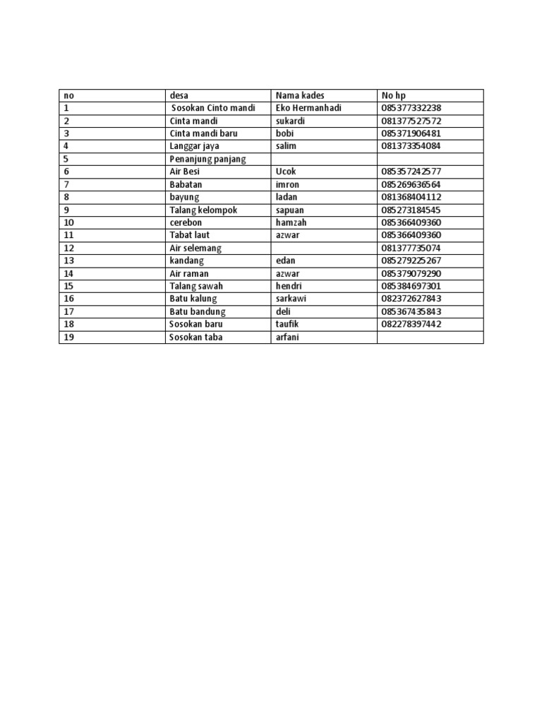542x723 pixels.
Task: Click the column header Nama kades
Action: tap(299, 95)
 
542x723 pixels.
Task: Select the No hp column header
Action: tap(394, 95)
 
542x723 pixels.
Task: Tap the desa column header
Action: tap(179, 95)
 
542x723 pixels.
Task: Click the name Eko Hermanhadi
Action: tap(308, 108)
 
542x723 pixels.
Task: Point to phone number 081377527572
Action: tap(411, 121)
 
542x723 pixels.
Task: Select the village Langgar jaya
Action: tap(195, 146)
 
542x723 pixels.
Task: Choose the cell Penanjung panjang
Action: tap(208, 159)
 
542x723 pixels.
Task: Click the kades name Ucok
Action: tap(286, 172)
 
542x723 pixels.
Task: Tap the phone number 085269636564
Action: tap(411, 184)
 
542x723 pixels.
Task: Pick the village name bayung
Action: tap(184, 197)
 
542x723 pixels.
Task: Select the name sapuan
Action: tap(289, 210)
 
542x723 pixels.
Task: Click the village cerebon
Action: tap(186, 222)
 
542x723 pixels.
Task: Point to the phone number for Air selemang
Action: tap(411, 248)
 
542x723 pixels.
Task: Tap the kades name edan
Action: tap(285, 261)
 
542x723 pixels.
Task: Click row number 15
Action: tap(68, 286)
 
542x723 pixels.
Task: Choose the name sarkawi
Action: tap(291, 299)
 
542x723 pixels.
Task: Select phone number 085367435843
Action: tap(411, 311)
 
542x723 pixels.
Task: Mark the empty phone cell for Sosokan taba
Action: tap(430, 337)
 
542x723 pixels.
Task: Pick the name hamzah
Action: tap(291, 222)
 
